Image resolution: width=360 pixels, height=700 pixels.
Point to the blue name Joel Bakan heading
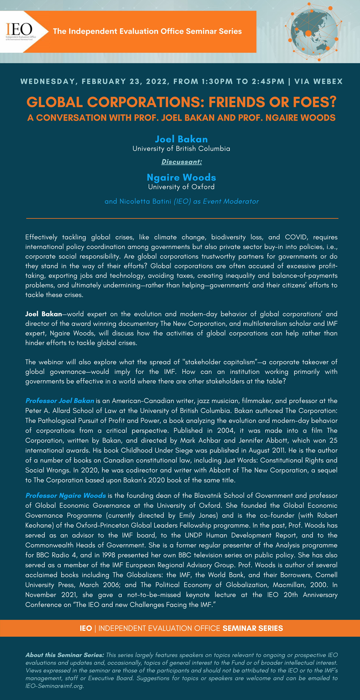(x=181, y=139)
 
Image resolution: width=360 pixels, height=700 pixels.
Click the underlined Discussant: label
(x=181, y=162)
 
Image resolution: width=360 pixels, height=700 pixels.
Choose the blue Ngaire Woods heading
(x=181, y=177)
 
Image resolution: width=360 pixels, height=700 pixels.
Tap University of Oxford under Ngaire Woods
(x=181, y=187)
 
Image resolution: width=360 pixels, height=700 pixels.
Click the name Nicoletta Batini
(x=145, y=201)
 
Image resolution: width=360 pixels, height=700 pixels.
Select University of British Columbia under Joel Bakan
(x=181, y=149)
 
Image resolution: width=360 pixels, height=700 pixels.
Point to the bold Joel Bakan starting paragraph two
(x=43, y=314)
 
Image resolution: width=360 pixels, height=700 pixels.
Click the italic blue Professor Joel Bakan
(x=60, y=401)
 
